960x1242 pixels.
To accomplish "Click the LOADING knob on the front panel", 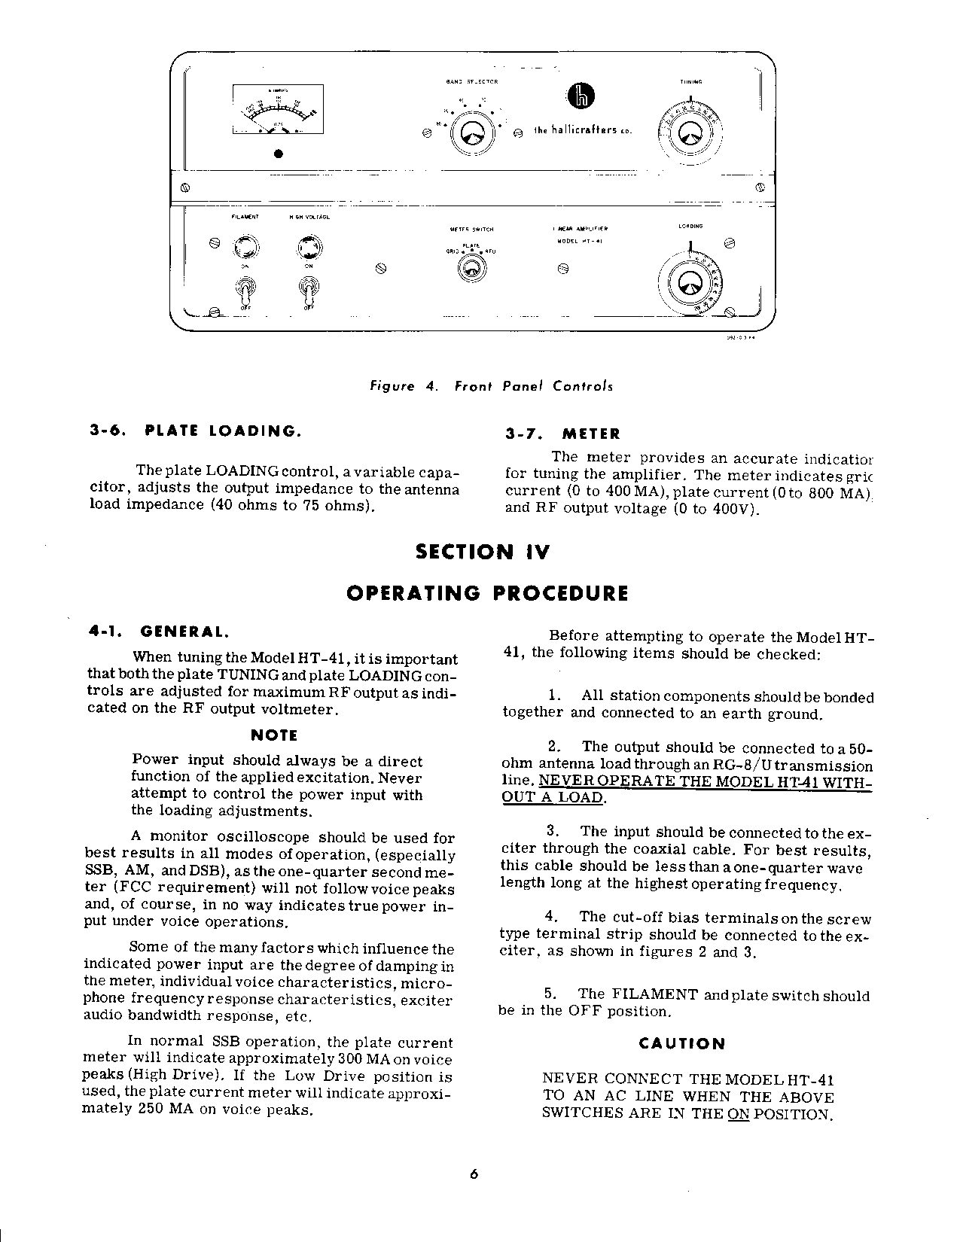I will [x=689, y=283].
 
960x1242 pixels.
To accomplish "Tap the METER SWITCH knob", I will [x=472, y=268].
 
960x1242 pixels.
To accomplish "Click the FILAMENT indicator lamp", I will [x=245, y=247].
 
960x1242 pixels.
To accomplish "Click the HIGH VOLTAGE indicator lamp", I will [x=308, y=248].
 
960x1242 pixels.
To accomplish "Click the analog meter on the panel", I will [x=279, y=111].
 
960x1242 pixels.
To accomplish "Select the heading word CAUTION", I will [x=682, y=1044].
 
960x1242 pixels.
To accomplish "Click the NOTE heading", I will [x=273, y=735].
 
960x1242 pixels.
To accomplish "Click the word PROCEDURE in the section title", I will [x=560, y=593].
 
